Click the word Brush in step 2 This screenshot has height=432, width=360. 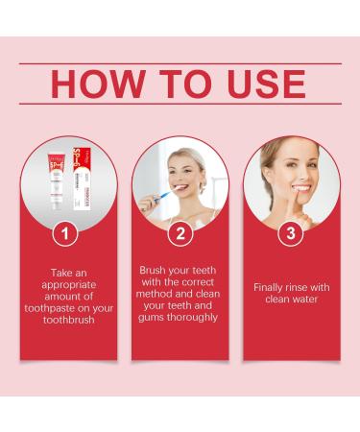pyautogui.click(x=156, y=271)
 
